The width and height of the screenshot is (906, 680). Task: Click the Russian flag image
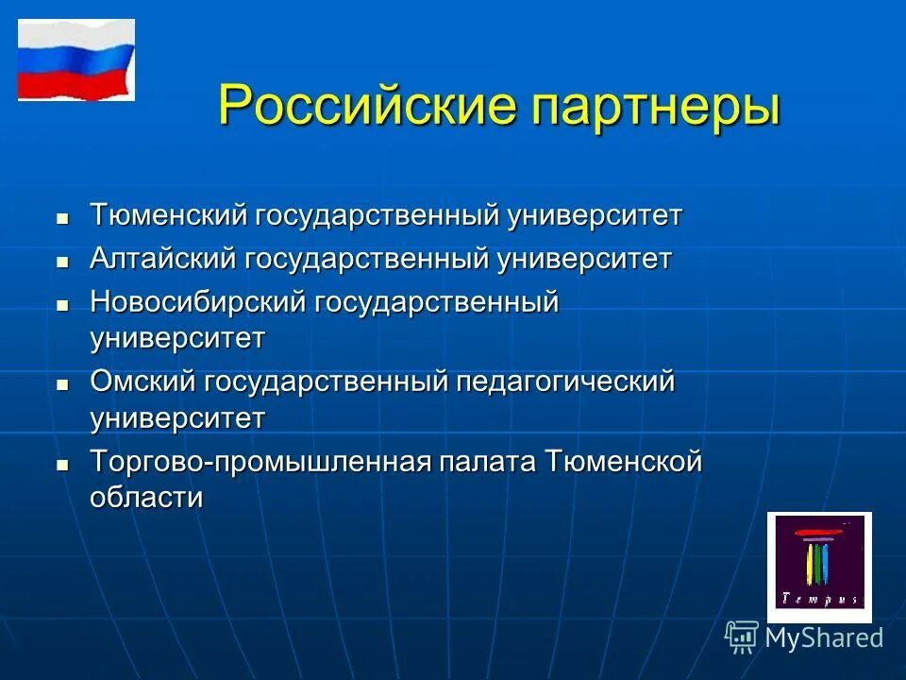(76, 60)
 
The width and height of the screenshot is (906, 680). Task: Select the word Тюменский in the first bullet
(167, 215)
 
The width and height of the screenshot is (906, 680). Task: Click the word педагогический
(565, 383)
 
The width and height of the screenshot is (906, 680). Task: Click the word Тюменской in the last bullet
(623, 463)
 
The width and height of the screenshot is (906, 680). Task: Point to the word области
(146, 498)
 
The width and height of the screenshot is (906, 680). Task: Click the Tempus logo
(818, 567)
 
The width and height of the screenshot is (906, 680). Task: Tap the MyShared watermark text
(824, 637)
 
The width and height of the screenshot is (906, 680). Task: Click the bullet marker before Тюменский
(63, 218)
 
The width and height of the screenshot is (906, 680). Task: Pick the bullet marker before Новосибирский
(63, 306)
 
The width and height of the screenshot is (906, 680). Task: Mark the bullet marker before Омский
(63, 385)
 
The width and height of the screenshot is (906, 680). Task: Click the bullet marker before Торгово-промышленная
(63, 466)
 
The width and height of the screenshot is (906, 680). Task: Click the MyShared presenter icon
(742, 637)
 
